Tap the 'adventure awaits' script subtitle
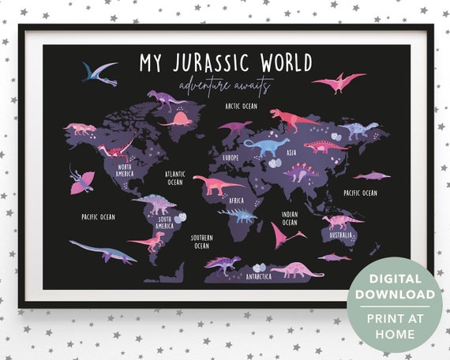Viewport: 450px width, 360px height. point(225,84)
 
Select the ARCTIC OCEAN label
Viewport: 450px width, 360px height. point(241,105)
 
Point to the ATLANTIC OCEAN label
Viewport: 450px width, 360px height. point(174,178)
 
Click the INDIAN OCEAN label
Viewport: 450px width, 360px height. point(290,217)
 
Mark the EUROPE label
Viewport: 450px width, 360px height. point(231,158)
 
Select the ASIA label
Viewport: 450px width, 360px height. point(291,152)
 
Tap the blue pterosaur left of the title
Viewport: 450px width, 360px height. point(100,73)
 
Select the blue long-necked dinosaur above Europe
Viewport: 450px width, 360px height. point(266,145)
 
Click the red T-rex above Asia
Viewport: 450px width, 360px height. point(292,118)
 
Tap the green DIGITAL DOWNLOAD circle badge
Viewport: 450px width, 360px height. point(394,305)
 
